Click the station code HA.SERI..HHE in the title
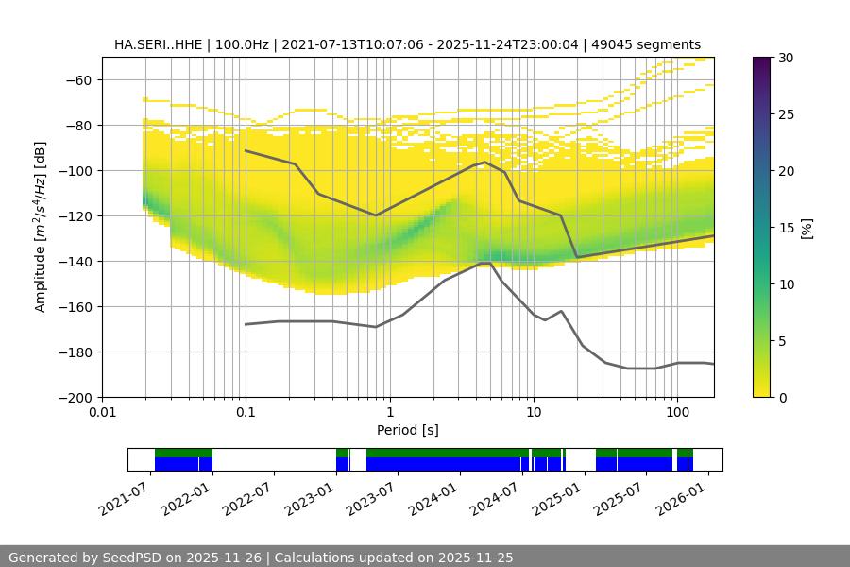(x=155, y=44)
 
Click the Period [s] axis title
(x=408, y=431)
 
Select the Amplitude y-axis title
(x=41, y=227)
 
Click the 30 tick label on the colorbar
(x=786, y=58)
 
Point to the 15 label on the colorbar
(x=786, y=228)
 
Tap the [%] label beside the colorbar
(x=807, y=228)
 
